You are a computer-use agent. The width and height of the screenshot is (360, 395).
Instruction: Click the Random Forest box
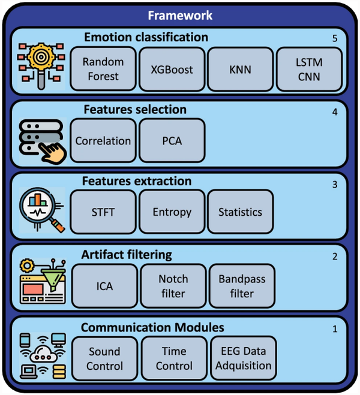[x=103, y=69]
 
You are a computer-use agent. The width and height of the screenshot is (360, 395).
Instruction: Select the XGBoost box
[x=172, y=69]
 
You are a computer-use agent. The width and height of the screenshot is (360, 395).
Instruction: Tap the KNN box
[x=240, y=69]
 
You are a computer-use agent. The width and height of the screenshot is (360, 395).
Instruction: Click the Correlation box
[x=103, y=141]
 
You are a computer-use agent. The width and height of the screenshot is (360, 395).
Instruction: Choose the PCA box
[x=172, y=141]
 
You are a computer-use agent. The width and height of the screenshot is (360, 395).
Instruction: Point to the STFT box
[x=103, y=212]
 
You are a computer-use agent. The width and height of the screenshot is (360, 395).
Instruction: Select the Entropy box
[x=172, y=212]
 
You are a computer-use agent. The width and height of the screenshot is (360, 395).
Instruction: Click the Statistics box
[x=240, y=212]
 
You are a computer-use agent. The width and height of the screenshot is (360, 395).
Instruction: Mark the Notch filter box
[x=173, y=286]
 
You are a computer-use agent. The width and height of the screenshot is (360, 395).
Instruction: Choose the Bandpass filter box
[x=241, y=286]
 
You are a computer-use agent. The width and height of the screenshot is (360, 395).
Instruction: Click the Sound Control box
[x=104, y=358]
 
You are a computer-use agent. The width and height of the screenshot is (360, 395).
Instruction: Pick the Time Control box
[x=173, y=358]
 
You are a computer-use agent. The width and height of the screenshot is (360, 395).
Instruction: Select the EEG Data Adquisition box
[x=242, y=358]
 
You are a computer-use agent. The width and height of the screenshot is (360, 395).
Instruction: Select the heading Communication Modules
[x=152, y=327]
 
